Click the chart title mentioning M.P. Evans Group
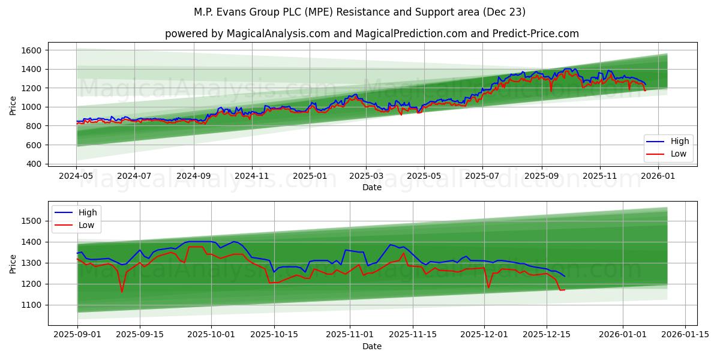(x=360, y=12)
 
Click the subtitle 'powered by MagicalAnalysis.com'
(x=372, y=34)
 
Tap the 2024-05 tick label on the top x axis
(x=76, y=177)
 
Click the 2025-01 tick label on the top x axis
(x=310, y=177)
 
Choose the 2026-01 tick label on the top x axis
(x=658, y=177)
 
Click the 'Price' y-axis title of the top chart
(x=13, y=106)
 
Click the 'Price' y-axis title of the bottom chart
(x=13, y=263)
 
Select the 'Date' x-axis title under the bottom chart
(x=372, y=346)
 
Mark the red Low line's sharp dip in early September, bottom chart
(x=122, y=292)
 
